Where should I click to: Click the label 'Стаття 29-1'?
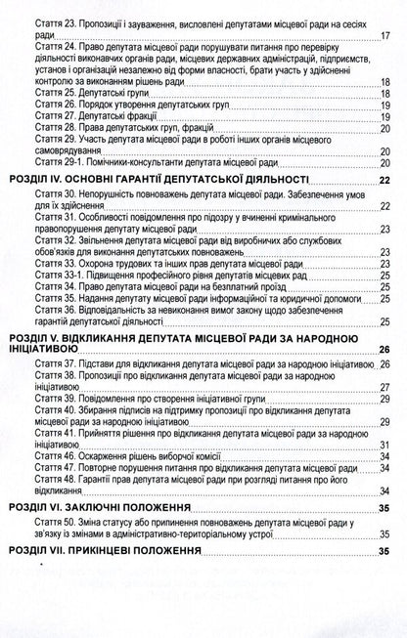pyautogui.click(x=58, y=170)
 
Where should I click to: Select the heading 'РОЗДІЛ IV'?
pyautogui.click(x=36, y=181)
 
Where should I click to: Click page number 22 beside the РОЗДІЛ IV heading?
pyautogui.click(x=384, y=181)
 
